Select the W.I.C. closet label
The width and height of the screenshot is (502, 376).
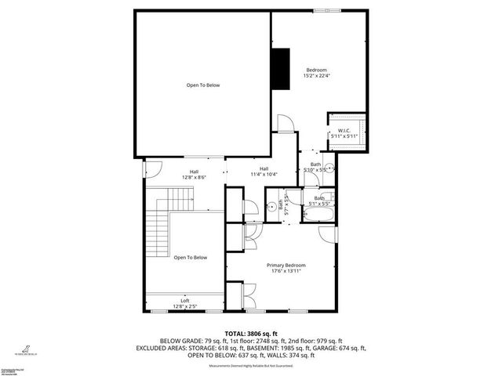click(x=344, y=133)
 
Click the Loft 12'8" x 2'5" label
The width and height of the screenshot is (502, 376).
click(x=185, y=303)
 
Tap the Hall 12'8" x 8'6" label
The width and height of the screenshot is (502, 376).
click(x=194, y=174)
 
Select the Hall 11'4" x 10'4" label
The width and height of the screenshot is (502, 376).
click(x=264, y=172)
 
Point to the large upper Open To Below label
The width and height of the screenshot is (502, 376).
click(x=202, y=85)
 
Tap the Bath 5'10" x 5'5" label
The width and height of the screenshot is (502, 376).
click(x=314, y=167)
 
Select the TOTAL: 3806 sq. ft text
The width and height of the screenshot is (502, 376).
click(x=250, y=334)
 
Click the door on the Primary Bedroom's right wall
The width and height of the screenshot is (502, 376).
click(x=333, y=234)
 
